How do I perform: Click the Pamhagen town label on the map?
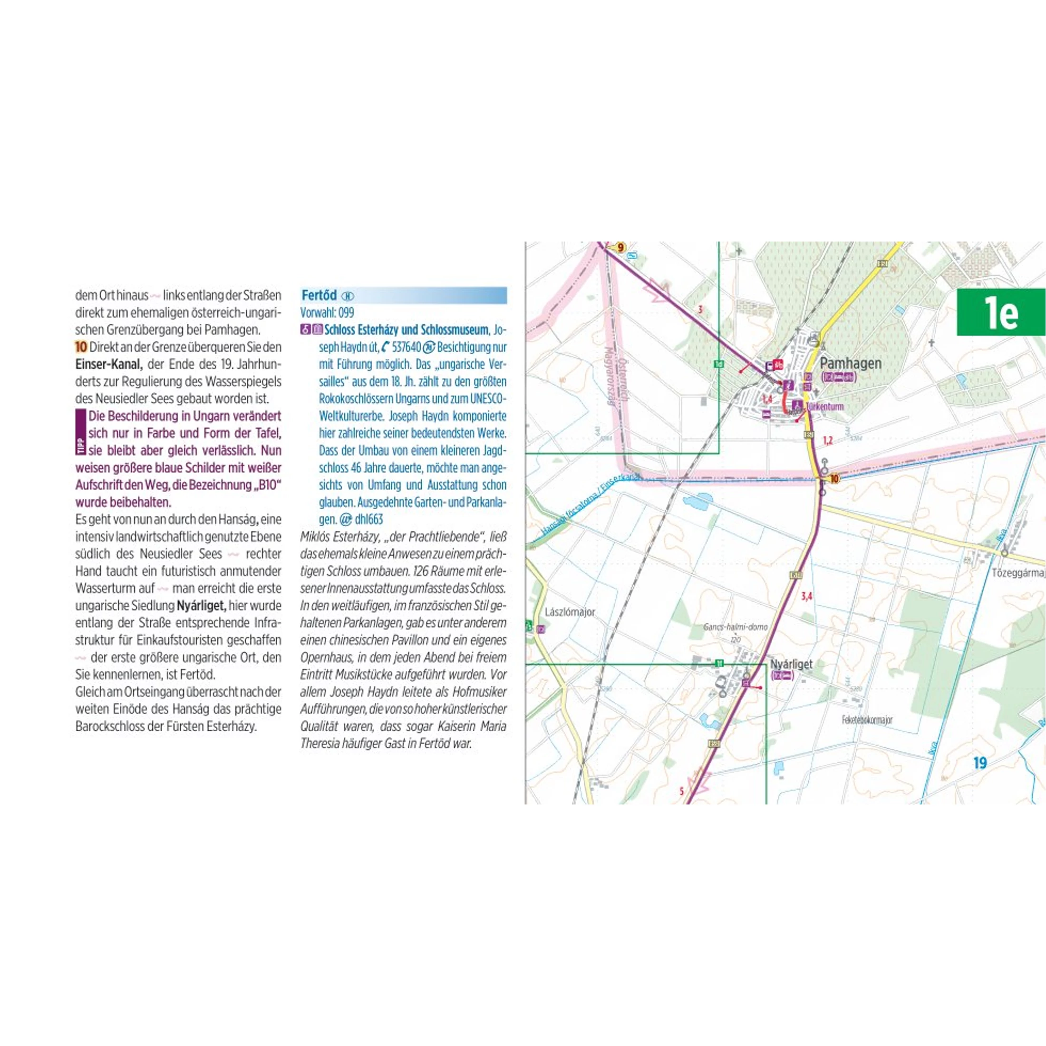tap(851, 363)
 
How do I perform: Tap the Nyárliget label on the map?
tap(791, 664)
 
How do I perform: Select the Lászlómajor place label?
tap(570, 612)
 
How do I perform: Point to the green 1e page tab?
tap(1000, 312)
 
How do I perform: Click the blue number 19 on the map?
tap(980, 763)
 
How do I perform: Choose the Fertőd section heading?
tap(319, 295)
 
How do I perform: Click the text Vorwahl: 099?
tap(327, 312)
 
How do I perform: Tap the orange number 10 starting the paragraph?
tap(81, 347)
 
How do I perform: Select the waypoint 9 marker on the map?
tap(620, 248)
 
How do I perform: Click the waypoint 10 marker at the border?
tap(834, 479)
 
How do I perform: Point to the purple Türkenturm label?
tap(824, 406)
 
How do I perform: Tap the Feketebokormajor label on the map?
tap(867, 719)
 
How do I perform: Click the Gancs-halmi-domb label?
tap(735, 627)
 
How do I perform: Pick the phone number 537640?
tap(406, 347)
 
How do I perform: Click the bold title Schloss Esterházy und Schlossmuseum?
tap(406, 329)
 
